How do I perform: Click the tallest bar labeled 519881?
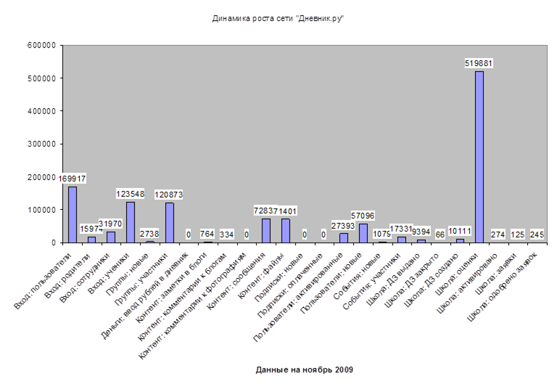coord(479,156)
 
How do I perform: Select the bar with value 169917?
coord(73,214)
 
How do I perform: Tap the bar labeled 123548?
coord(131,221)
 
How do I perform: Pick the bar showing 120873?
coord(169,222)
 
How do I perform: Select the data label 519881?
coord(479,64)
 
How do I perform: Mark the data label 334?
coord(227,235)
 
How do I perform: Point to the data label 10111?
coord(460,232)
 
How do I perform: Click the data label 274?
coord(498,235)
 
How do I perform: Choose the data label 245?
coord(537,235)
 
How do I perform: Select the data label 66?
coord(440,235)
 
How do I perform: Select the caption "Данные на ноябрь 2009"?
coord(304,370)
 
